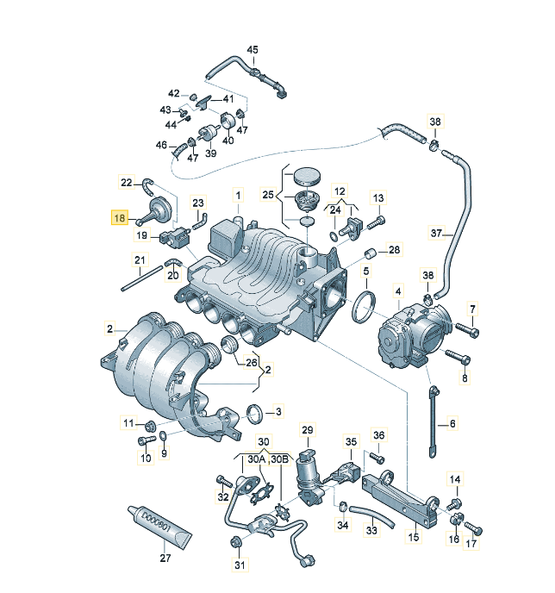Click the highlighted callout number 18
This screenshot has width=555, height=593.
click(x=119, y=218)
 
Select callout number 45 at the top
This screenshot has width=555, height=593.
click(x=253, y=50)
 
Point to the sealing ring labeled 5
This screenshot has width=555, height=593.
click(x=364, y=307)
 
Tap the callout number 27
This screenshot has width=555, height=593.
click(x=165, y=558)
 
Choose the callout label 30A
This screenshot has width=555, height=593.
click(x=257, y=459)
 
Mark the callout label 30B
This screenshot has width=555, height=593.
click(x=280, y=459)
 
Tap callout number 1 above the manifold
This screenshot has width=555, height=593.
click(x=238, y=196)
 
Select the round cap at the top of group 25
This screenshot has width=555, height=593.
click(x=307, y=177)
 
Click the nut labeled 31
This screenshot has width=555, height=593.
click(x=235, y=542)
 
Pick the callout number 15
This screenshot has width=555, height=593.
click(x=414, y=536)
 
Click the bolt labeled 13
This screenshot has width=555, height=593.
click(x=376, y=222)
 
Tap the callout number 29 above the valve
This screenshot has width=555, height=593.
click(x=308, y=430)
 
